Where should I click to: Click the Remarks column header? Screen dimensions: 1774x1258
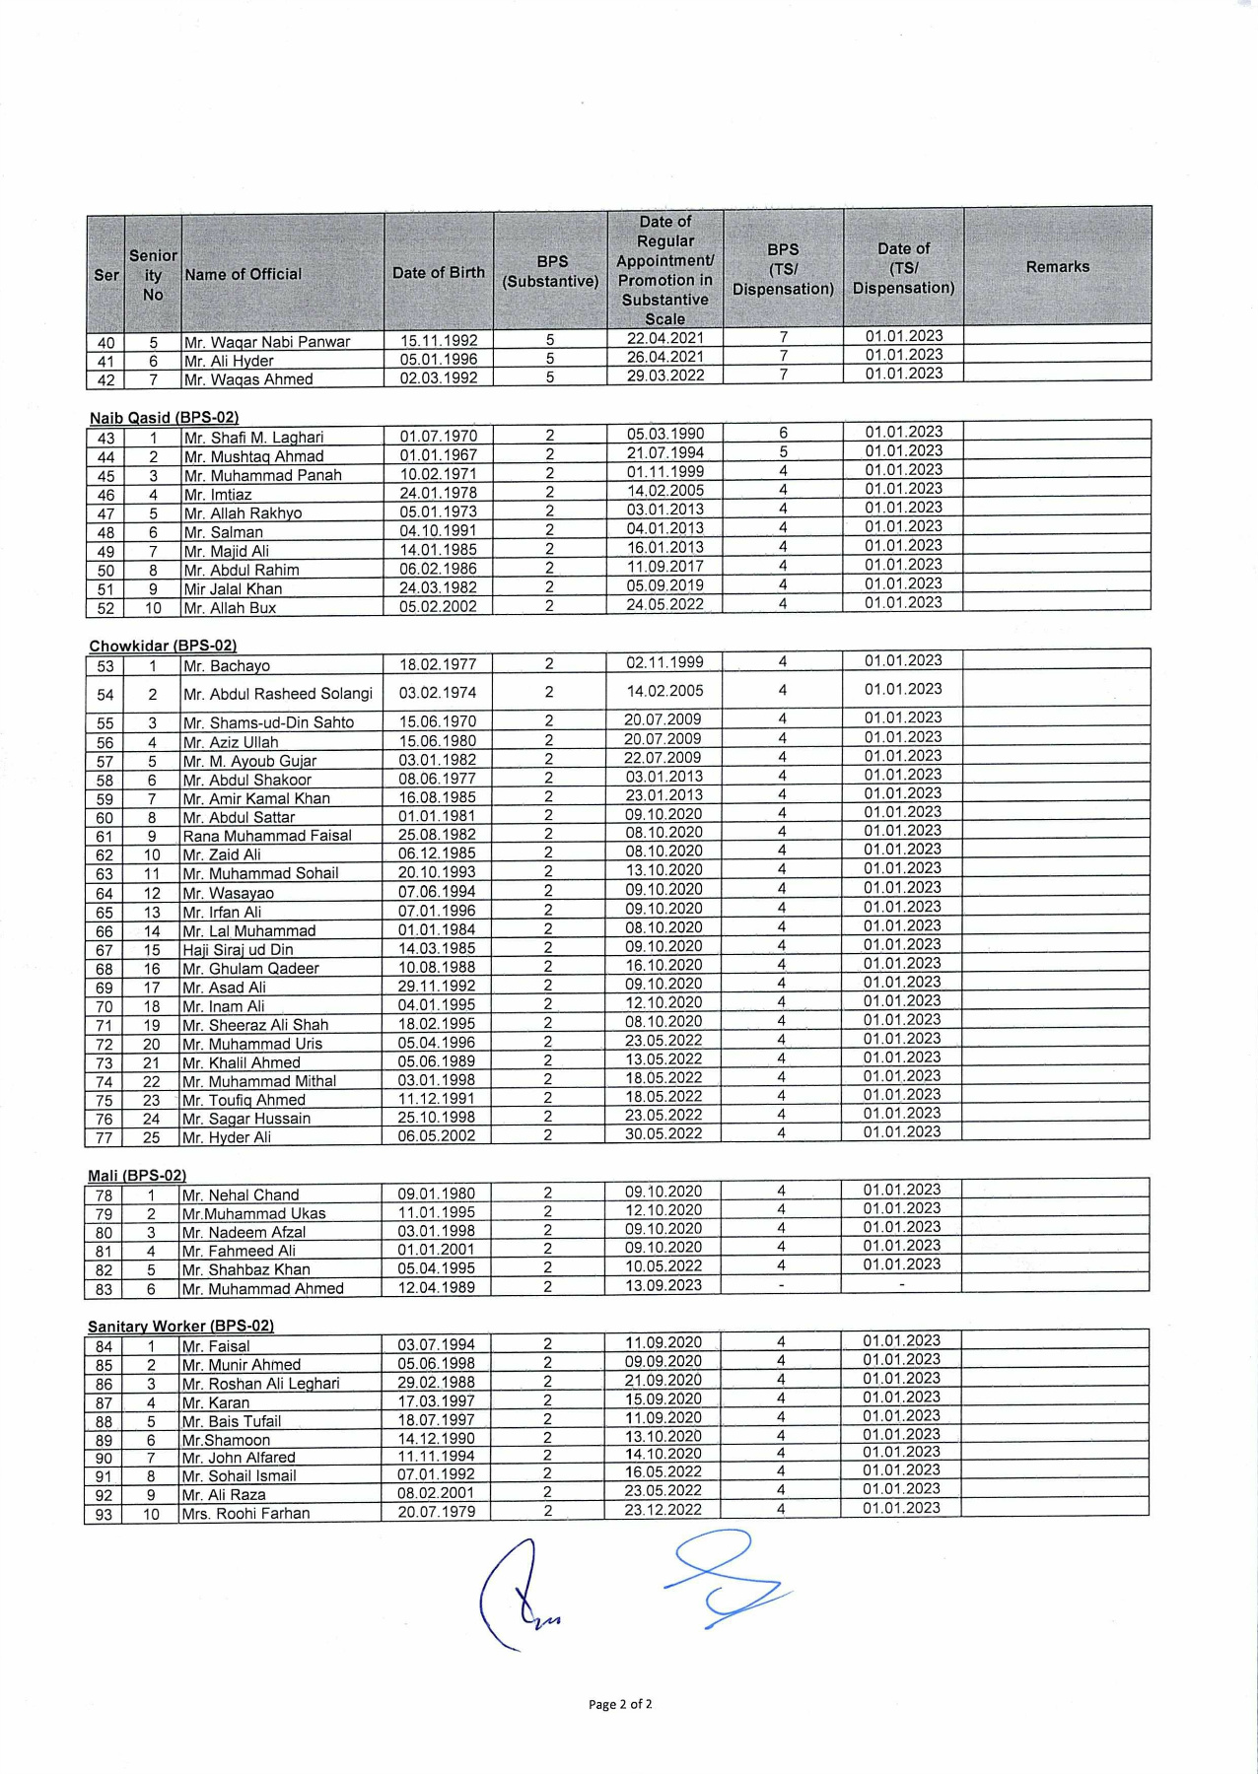tap(1057, 267)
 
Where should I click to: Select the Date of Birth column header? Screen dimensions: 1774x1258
tap(439, 273)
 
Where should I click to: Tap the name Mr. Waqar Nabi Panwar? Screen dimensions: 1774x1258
tap(267, 342)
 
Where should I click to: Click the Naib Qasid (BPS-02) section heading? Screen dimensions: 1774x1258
tap(164, 418)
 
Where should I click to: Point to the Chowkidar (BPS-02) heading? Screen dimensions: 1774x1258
tap(163, 647)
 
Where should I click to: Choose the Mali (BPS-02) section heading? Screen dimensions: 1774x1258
tap(137, 1176)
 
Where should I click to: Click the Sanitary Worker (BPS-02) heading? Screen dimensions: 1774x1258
tap(180, 1327)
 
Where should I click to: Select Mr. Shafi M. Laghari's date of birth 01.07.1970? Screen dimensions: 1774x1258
tap(438, 436)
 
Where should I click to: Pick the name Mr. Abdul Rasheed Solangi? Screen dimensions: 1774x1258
tap(278, 694)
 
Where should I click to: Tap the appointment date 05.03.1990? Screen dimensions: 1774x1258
tap(664, 434)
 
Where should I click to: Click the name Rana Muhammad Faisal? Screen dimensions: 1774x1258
tap(267, 836)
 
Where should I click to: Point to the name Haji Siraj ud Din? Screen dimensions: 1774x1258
tap(238, 949)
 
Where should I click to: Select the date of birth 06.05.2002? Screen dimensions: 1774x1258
tap(436, 1135)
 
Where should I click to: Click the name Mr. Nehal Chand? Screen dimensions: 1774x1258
tap(241, 1194)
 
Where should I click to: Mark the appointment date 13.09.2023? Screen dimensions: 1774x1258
tap(663, 1285)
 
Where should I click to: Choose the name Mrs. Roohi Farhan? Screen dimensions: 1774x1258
tap(246, 1513)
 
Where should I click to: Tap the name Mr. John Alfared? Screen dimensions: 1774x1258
tap(239, 1457)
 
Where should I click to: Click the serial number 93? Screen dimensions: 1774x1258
tap(104, 1514)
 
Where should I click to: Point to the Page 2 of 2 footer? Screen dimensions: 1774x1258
tap(620, 1704)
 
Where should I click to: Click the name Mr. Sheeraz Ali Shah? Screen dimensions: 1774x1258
tap(255, 1025)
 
